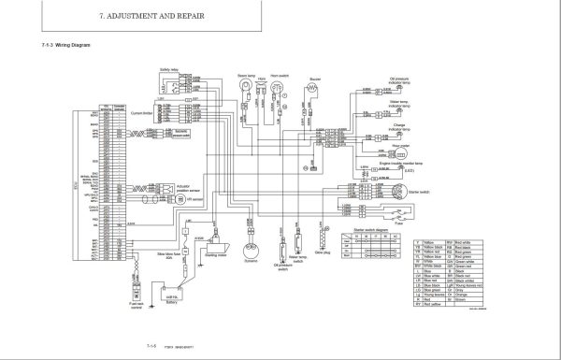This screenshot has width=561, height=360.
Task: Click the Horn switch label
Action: (x=279, y=76)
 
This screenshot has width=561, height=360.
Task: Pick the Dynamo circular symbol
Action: (x=251, y=250)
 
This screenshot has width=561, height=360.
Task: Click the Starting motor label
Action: (x=216, y=253)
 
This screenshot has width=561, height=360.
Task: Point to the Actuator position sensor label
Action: (x=188, y=188)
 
